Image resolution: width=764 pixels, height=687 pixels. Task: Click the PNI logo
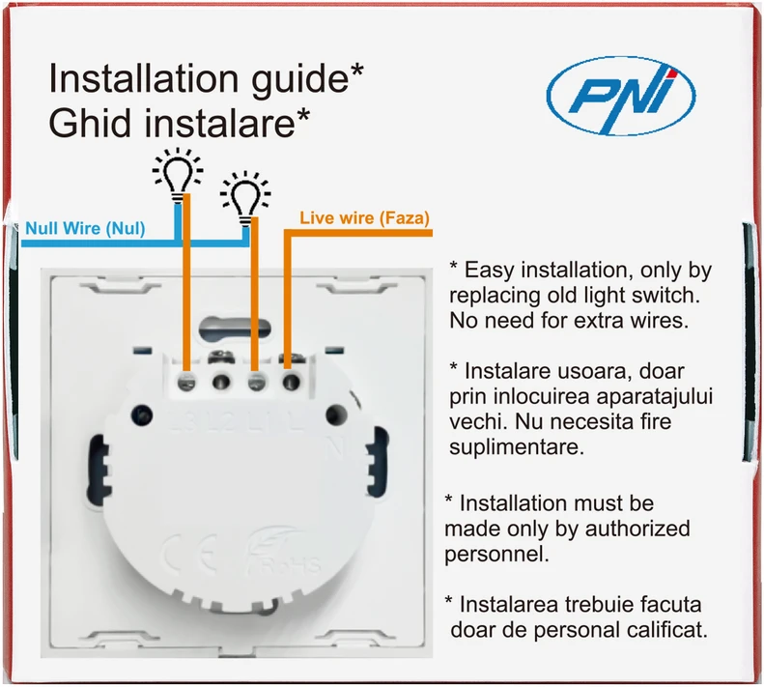tap(621, 96)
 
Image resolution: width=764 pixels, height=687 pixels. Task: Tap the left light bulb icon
tap(178, 173)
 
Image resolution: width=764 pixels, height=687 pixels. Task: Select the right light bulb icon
tap(245, 196)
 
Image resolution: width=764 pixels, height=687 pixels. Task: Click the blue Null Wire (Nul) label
tap(85, 228)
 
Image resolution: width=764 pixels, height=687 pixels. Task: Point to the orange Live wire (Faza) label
tap(364, 217)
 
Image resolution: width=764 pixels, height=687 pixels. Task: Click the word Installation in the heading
tap(144, 78)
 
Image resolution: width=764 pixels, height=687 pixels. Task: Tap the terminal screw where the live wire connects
tap(291, 382)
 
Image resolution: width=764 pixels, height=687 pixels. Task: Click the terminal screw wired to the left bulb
tap(186, 383)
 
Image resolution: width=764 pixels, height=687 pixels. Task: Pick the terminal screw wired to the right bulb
tap(256, 382)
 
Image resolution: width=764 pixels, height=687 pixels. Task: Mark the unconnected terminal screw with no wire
tap(221, 382)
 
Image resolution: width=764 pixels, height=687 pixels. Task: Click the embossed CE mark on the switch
tap(190, 553)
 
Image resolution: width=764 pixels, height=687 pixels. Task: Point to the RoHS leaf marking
tap(283, 552)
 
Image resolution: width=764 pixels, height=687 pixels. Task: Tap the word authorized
tap(637, 529)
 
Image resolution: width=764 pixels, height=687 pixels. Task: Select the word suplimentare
tap(517, 447)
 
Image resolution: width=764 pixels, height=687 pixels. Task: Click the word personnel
tap(496, 555)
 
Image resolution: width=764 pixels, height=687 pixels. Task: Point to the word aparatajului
tap(654, 397)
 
